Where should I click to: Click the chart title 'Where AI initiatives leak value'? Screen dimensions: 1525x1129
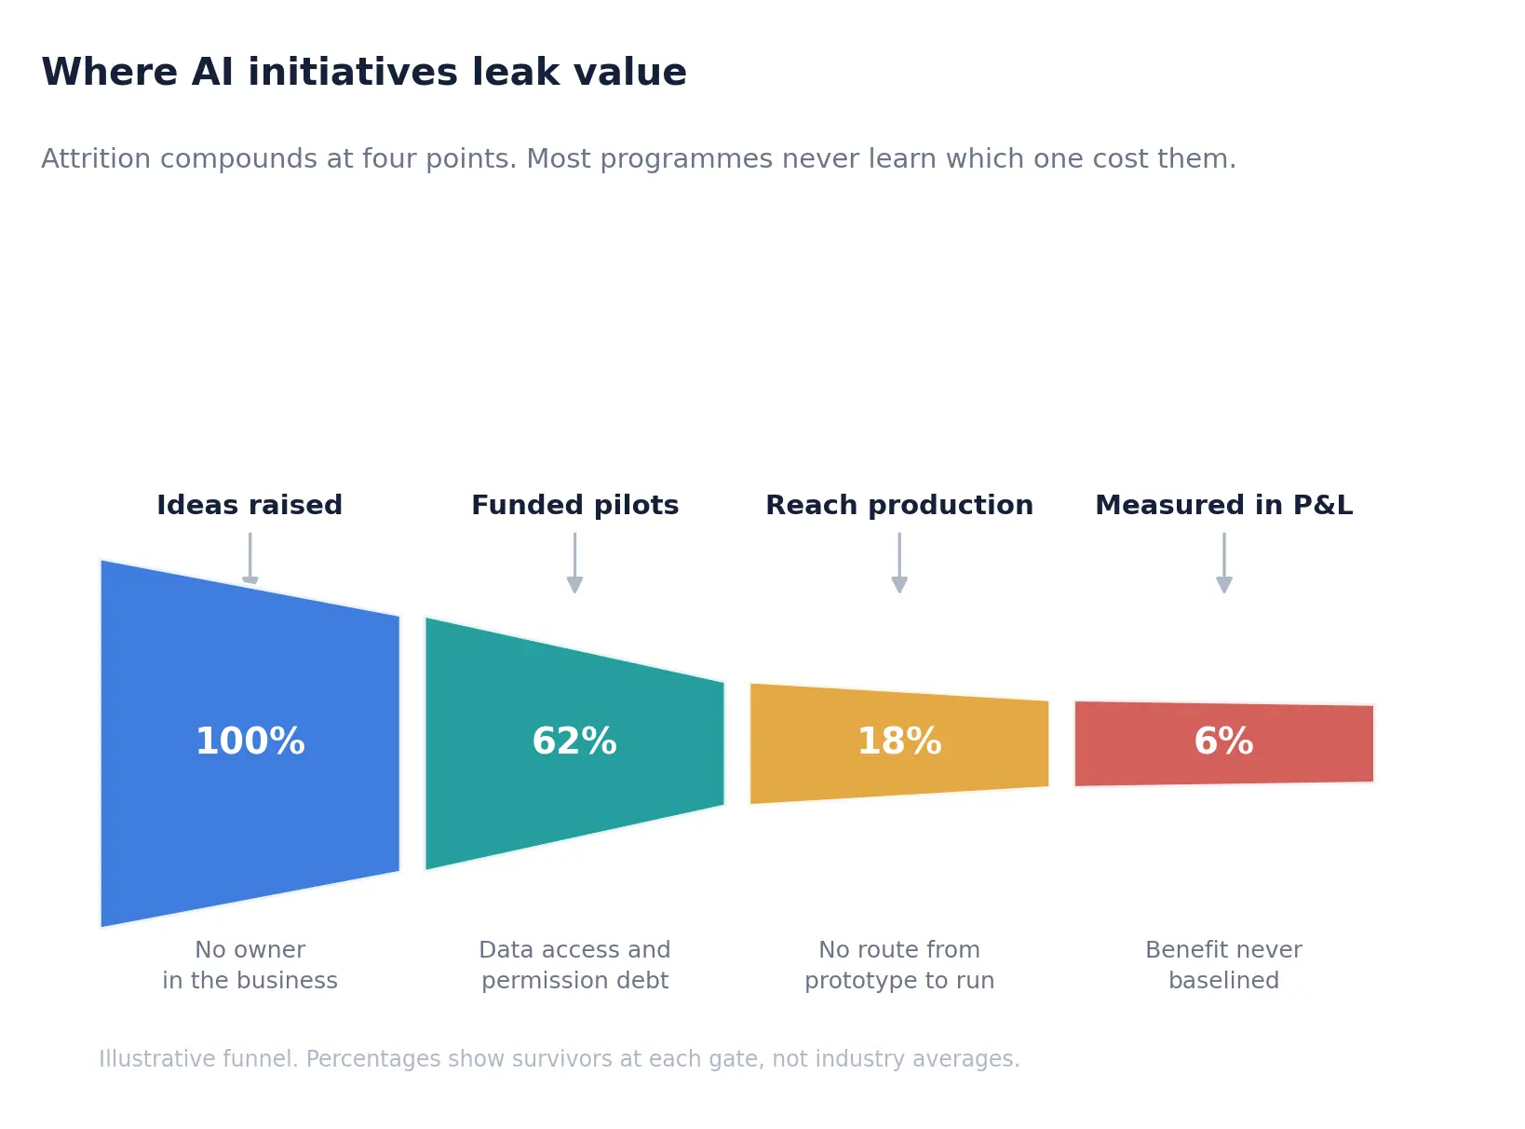pos(364,73)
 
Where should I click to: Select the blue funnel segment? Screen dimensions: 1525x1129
pos(250,743)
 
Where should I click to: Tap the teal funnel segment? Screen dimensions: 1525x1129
pos(574,743)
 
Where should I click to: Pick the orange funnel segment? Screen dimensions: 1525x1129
pos(898,743)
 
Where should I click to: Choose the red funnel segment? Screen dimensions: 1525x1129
pos(1223,743)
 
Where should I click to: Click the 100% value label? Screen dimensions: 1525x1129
pos(250,741)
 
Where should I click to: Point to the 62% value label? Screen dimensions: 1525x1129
pos(574,741)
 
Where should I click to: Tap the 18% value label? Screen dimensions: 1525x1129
pos(898,741)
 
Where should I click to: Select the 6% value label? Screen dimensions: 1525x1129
pos(1223,741)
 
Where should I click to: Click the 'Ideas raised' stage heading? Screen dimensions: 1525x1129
pos(250,505)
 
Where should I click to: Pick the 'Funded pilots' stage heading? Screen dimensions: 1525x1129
pos(574,505)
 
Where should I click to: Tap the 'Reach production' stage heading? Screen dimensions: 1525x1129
pos(899,505)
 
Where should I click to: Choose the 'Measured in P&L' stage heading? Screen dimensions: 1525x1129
pos(1224,505)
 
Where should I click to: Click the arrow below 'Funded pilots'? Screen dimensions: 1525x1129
pos(574,562)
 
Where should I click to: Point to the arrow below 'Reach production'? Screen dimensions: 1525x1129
pos(899,562)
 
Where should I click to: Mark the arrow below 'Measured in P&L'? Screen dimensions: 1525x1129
pos(1224,562)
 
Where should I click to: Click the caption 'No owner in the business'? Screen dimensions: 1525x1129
pos(250,964)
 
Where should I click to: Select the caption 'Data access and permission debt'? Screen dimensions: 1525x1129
pos(574,964)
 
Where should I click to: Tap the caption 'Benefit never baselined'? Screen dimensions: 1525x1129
pos(1223,964)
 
